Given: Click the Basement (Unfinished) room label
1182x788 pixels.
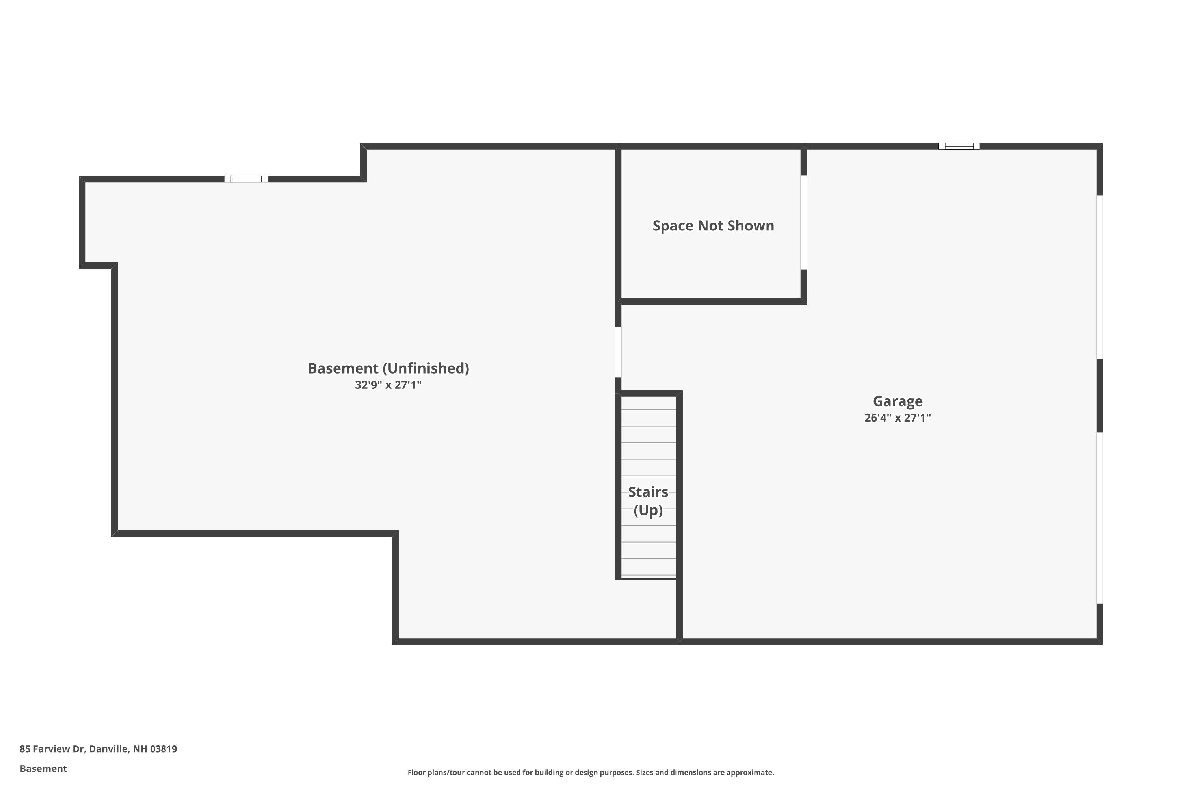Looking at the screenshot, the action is (x=388, y=368).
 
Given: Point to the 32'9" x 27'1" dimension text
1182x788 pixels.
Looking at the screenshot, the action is (x=388, y=385).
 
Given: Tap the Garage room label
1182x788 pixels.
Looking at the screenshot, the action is (x=898, y=401).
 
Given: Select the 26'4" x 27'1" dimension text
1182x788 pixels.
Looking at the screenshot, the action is (x=898, y=418).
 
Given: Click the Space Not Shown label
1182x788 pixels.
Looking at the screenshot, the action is (x=713, y=226).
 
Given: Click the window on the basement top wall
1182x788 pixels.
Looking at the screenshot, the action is (x=246, y=179).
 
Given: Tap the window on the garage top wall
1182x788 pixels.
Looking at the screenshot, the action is (x=959, y=146).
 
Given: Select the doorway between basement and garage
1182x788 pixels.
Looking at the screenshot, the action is (x=618, y=352).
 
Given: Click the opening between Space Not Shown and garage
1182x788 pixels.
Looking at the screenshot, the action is (x=804, y=223).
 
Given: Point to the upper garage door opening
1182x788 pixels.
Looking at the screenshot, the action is (x=1100, y=277).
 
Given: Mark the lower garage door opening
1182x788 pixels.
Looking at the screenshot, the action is (x=1100, y=518).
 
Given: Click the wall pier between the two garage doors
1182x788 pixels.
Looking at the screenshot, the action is (x=1100, y=396).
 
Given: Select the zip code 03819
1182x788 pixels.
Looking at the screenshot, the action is (x=164, y=749).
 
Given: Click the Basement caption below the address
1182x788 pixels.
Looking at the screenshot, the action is (x=43, y=768).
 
